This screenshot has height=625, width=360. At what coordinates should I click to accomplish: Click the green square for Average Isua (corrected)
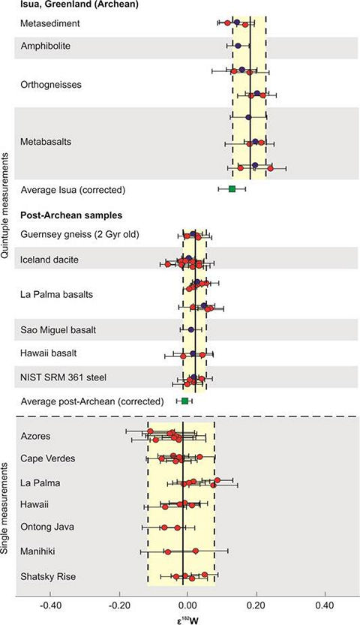pos(232,189)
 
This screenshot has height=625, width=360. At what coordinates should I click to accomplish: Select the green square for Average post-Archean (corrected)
pos(184,401)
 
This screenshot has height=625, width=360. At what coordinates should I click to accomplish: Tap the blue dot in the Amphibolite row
pos(238,47)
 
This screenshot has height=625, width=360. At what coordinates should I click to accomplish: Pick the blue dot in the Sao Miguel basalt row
pos(191,329)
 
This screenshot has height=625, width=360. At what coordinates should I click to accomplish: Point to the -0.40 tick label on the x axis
pos(50,606)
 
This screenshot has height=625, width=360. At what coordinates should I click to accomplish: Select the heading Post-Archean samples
pos(71,215)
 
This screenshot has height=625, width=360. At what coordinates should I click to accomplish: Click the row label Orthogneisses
pos(50,85)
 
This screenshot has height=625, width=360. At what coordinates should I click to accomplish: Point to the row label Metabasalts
pos(46,142)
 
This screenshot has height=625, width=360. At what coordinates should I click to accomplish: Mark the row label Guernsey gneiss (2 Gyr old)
pos(79,234)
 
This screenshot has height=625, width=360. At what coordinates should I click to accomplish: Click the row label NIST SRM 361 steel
pos(63,377)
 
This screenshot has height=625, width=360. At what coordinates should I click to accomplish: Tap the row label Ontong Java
pos(47,527)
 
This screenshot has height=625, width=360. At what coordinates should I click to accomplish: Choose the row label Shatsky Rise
pos(48,576)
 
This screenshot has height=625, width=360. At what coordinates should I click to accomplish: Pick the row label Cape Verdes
pos(47,458)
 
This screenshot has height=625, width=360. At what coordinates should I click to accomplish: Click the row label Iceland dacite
pos(49,260)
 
